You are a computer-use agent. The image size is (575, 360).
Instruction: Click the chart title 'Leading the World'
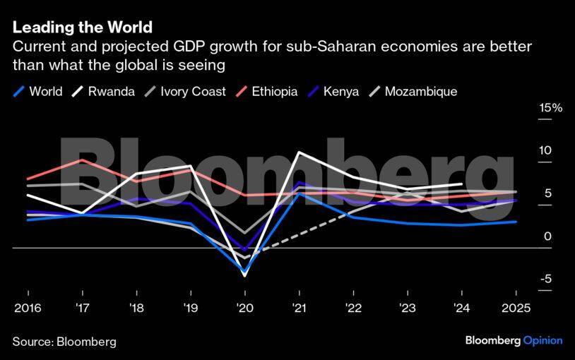click(82, 28)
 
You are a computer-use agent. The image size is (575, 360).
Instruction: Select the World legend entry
click(38, 92)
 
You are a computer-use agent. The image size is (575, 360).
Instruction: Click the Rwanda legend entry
click(104, 92)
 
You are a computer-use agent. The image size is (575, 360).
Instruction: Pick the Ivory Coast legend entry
click(185, 92)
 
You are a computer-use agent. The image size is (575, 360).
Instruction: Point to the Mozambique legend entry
click(413, 92)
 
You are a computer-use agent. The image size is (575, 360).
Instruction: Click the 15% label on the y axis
click(551, 108)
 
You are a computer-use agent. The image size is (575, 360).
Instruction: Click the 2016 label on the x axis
click(28, 307)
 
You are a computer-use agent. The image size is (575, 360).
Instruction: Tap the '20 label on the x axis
click(245, 307)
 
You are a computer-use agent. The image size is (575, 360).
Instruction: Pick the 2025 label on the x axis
click(516, 307)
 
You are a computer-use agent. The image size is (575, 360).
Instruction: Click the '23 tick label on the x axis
click(408, 307)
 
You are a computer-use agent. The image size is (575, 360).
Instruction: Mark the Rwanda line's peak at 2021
click(300, 152)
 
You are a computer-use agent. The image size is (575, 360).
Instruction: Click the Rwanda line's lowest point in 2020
click(245, 276)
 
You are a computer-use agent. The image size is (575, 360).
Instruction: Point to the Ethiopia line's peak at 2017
click(83, 160)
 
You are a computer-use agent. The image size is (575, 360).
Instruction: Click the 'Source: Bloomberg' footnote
click(64, 341)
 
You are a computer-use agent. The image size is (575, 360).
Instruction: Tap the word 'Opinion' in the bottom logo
click(543, 340)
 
